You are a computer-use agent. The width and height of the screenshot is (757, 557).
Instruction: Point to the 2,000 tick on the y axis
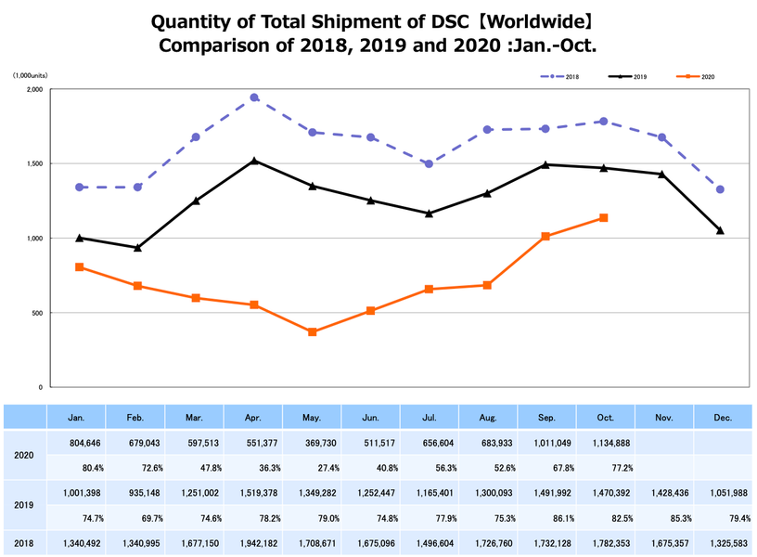pos(35,90)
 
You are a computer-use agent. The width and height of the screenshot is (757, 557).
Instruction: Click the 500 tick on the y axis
pos(38,313)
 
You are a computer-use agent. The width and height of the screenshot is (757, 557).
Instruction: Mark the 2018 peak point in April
pos(254,97)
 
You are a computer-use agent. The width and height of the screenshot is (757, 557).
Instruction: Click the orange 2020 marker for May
pos(313,331)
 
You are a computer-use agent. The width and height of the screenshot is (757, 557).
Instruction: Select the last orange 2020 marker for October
pos(604,218)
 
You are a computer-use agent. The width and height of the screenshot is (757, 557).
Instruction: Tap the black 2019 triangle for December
pos(720,230)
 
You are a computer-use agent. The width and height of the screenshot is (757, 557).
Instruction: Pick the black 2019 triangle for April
pos(254,161)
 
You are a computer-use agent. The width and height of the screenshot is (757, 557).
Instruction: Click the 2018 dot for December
pos(720,189)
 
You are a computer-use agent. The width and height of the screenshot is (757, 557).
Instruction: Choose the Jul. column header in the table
pos(429,417)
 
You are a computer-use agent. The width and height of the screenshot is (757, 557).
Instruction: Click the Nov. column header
pos(663,417)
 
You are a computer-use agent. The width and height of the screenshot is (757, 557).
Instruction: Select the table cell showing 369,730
pos(312,442)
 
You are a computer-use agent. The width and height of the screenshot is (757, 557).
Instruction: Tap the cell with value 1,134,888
pos(605,442)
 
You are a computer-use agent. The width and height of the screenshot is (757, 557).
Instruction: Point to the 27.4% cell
pos(312,466)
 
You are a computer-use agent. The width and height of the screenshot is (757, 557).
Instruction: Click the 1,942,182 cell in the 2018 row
pos(253,542)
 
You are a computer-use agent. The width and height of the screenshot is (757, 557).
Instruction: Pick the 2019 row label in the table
pos(24,505)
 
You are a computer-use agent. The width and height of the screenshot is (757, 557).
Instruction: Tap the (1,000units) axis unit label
pos(30,75)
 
